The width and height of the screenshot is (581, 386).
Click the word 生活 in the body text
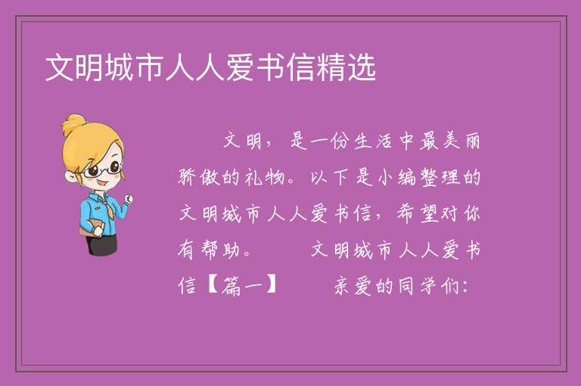(373, 141)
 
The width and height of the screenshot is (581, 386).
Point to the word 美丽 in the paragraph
(461, 141)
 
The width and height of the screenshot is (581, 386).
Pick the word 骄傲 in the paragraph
(199, 177)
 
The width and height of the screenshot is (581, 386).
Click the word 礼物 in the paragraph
(265, 177)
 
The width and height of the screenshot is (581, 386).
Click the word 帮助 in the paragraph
(220, 250)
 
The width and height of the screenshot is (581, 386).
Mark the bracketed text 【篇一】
(242, 286)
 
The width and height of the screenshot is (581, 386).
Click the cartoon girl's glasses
(103, 170)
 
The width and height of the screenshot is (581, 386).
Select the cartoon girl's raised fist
(128, 199)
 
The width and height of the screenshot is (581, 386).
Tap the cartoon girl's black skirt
(101, 244)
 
